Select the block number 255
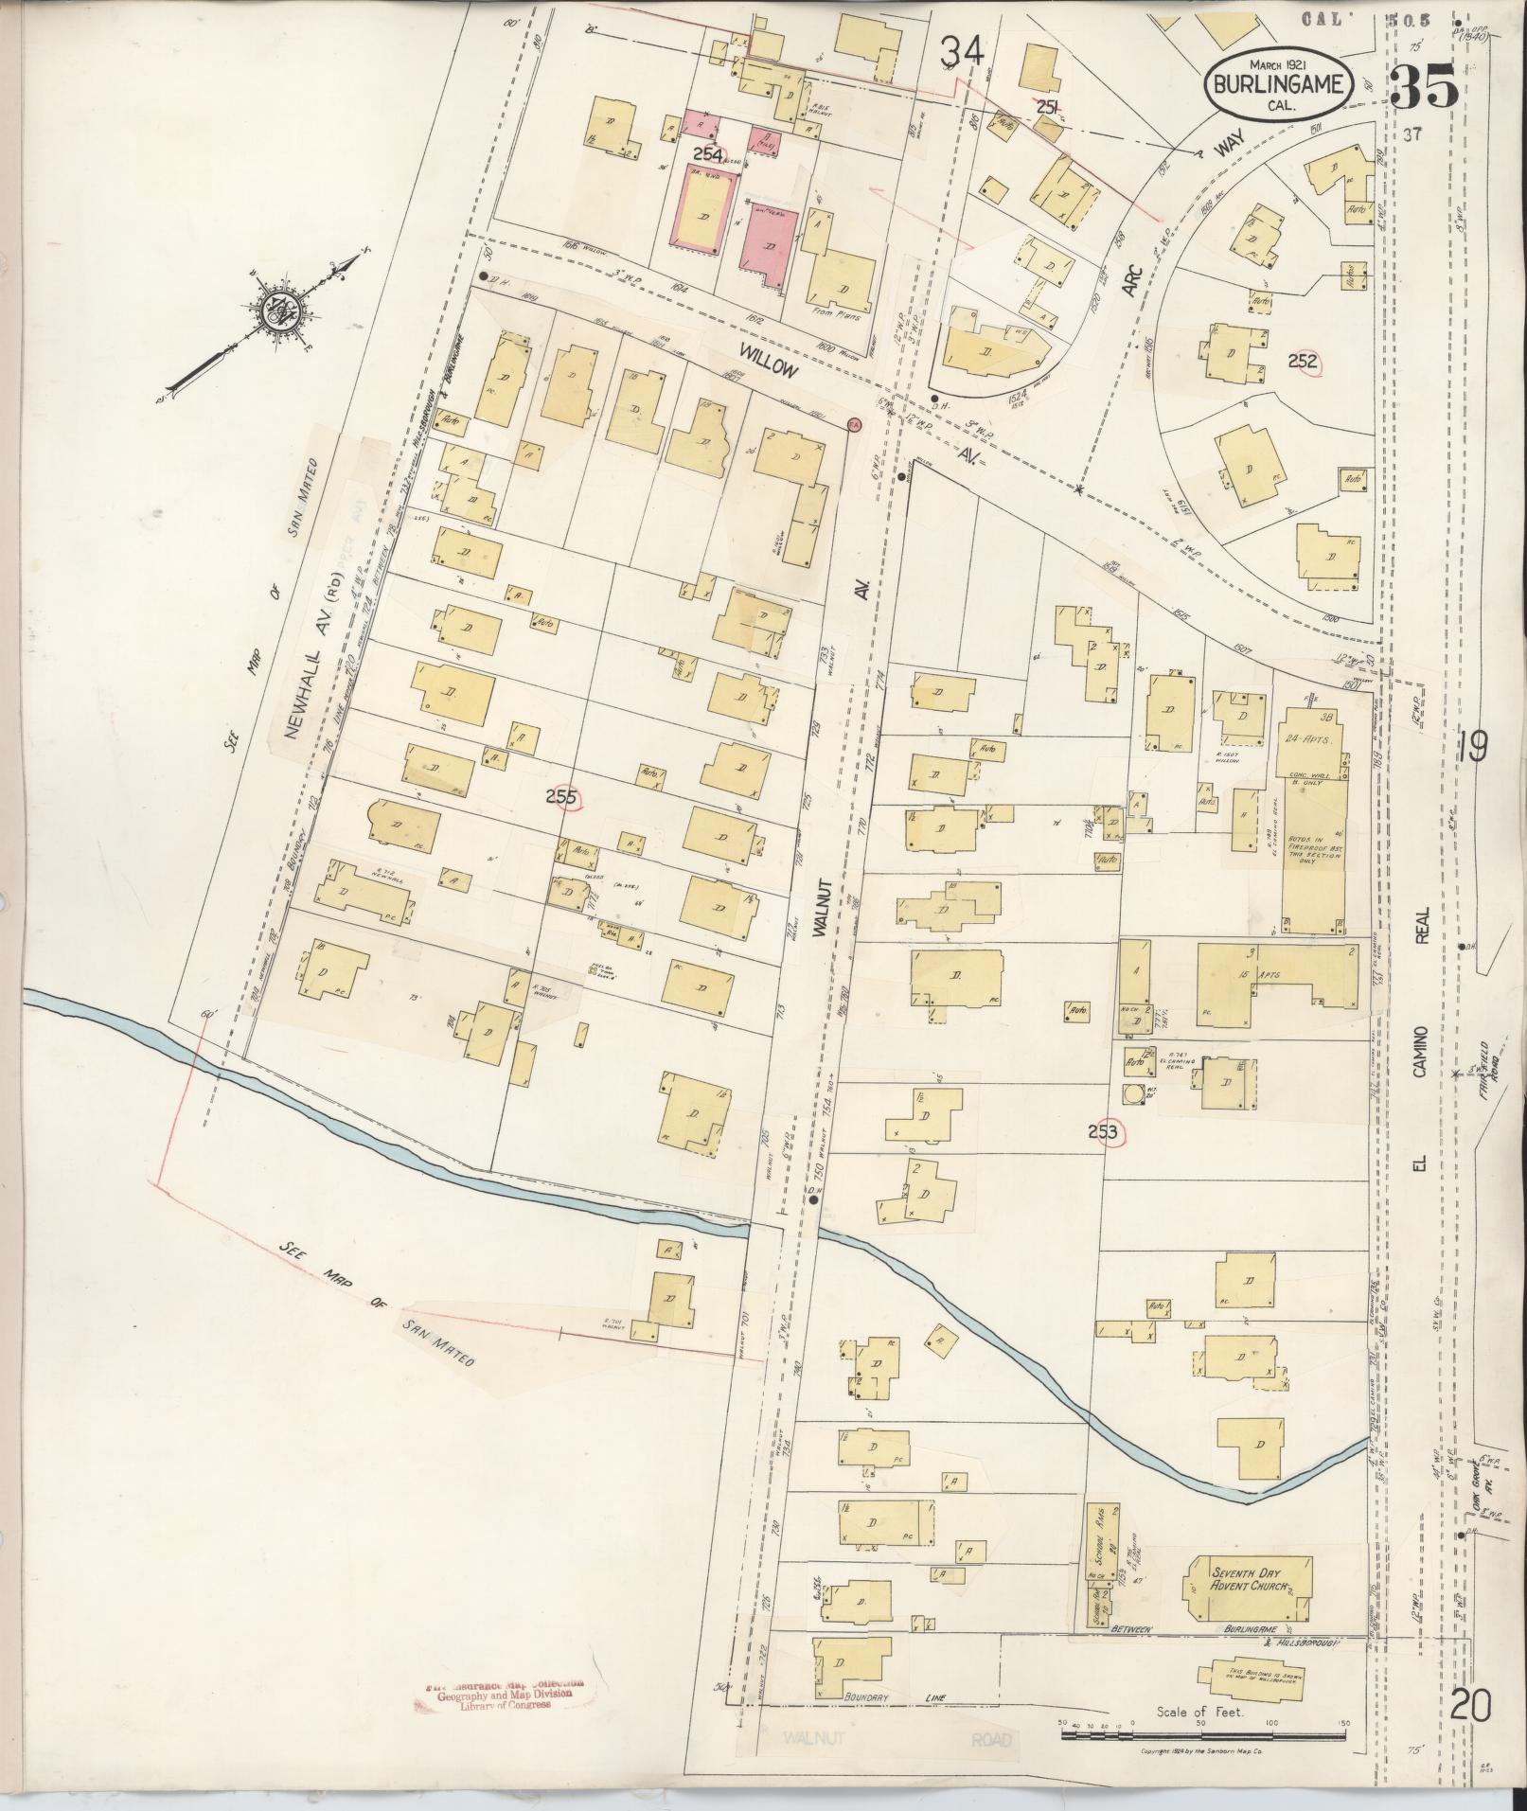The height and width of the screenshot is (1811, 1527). click(561, 797)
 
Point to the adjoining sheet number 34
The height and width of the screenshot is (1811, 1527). click(962, 54)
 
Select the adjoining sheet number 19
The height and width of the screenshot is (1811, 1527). click(1474, 746)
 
